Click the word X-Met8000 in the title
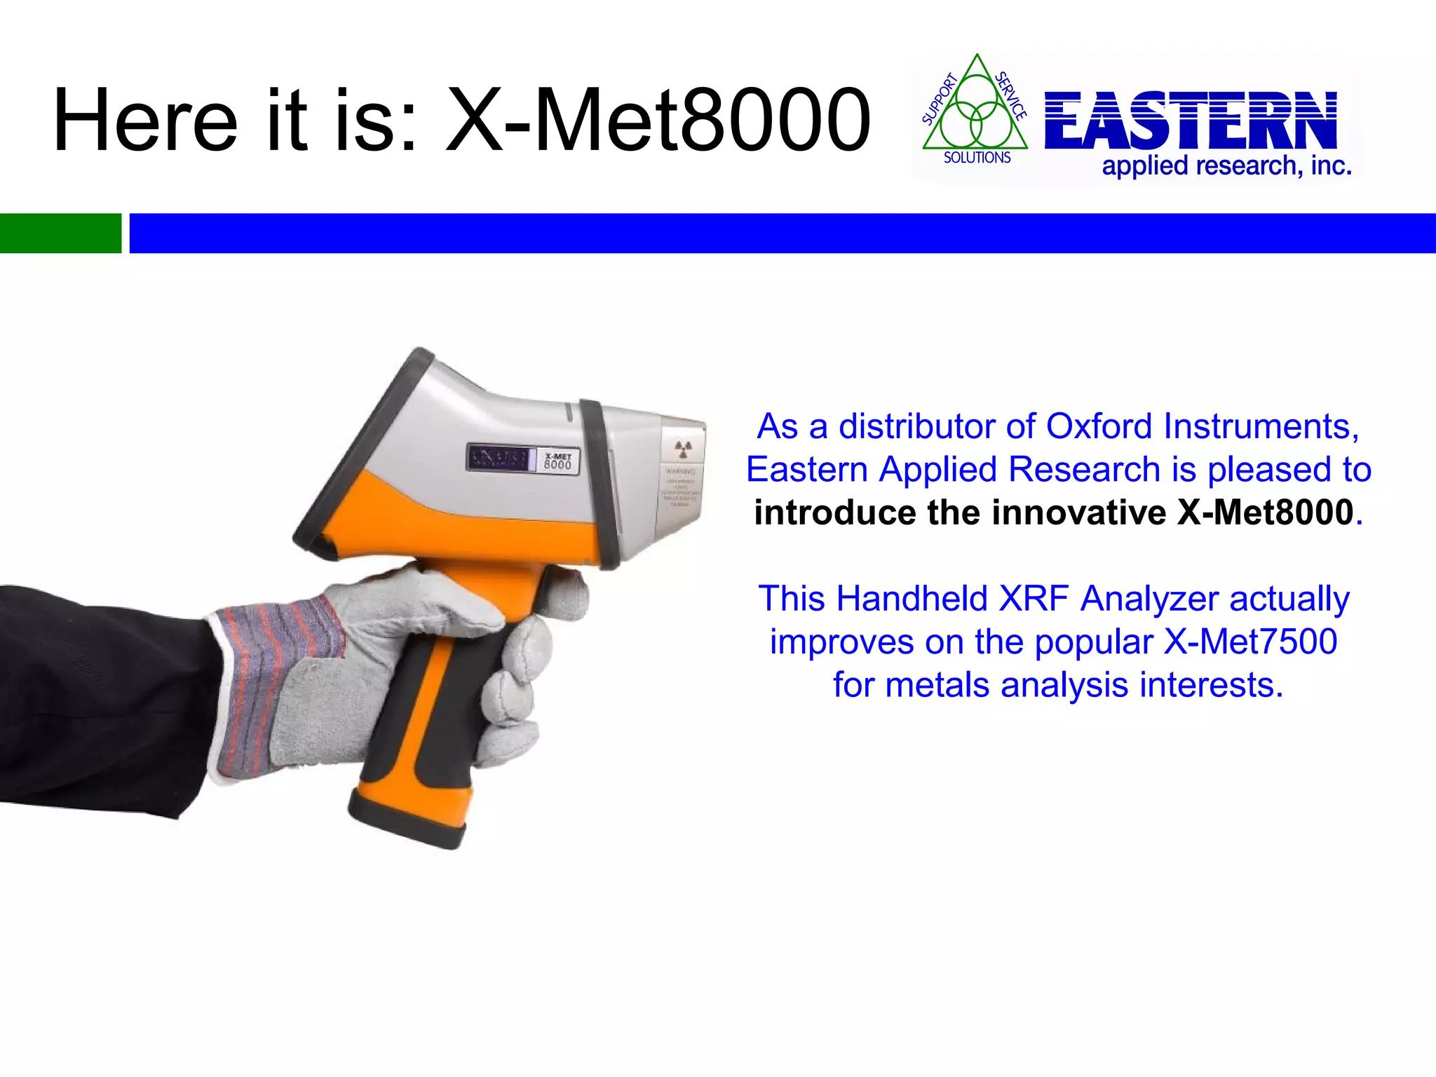[659, 121]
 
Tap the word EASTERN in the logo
[1191, 121]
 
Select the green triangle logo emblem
[975, 112]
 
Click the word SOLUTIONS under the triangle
[977, 158]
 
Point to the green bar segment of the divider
[60, 233]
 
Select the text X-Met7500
[1250, 642]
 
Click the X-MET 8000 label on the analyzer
[558, 461]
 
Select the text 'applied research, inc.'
[1226, 167]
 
